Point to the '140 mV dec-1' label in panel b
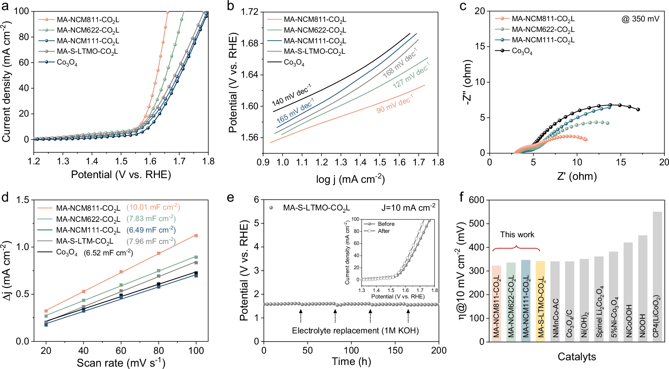point(291,95)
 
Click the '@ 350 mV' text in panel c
point(640,19)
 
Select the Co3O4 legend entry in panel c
point(522,51)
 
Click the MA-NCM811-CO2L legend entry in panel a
point(87,20)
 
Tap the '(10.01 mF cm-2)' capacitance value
point(153,207)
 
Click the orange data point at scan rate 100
point(196,236)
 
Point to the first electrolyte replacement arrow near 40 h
point(301,316)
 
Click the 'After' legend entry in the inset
point(383,231)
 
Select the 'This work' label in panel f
point(517,235)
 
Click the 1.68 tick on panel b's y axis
point(250,43)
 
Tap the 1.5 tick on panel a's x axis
point(121,161)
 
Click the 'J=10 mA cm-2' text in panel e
point(408,207)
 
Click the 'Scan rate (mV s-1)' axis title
point(121,363)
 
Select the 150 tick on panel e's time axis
point(395,351)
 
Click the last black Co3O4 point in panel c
point(638,110)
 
